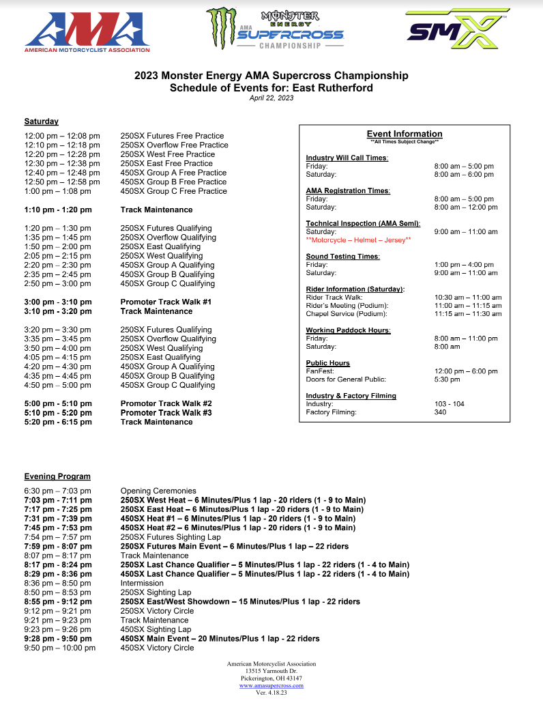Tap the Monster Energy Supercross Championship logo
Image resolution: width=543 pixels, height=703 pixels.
(x=276, y=29)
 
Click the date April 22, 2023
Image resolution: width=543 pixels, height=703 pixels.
(x=271, y=98)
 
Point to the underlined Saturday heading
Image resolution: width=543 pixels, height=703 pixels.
(x=41, y=121)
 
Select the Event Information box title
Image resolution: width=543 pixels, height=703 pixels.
(x=405, y=134)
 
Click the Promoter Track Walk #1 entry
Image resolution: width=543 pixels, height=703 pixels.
(x=166, y=302)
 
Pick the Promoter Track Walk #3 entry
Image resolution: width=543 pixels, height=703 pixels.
(x=166, y=413)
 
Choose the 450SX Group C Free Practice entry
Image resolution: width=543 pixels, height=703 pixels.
(x=173, y=191)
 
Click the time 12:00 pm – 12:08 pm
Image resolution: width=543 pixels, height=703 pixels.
(x=62, y=136)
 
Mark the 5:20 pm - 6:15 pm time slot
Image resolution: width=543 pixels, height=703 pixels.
(x=58, y=422)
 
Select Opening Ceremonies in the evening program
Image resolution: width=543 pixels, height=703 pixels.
(x=158, y=491)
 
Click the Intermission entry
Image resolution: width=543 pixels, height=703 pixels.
(x=142, y=584)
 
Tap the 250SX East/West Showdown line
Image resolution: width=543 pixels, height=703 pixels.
(x=240, y=602)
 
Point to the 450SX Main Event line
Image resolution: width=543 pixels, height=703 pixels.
(x=220, y=639)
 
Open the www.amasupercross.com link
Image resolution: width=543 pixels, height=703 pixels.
(x=271, y=686)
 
